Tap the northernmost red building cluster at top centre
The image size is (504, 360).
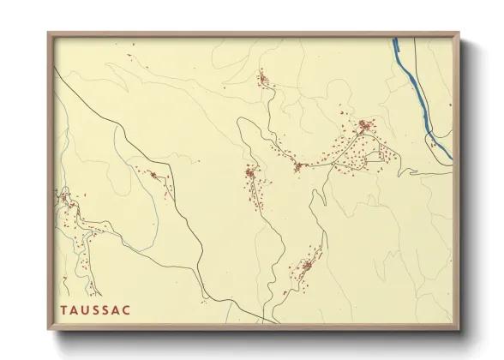coord(263,81)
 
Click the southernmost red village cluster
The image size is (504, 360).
coord(305,261)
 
